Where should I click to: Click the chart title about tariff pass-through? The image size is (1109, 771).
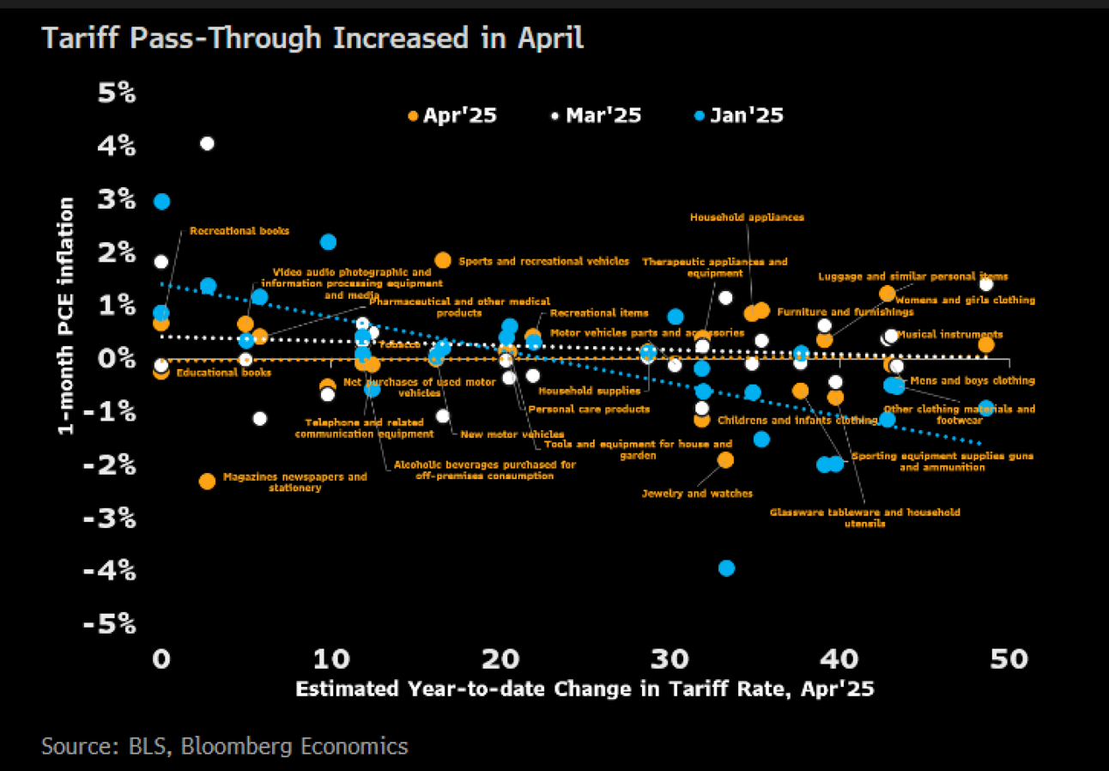point(312,39)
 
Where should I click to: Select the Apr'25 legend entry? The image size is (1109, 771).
point(451,115)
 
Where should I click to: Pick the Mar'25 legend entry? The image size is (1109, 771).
point(596,115)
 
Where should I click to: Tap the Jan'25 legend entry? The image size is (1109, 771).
point(738,115)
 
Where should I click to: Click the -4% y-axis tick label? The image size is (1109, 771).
point(110,570)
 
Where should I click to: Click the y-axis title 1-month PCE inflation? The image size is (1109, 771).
point(65,316)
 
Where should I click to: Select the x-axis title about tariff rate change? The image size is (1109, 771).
point(585,689)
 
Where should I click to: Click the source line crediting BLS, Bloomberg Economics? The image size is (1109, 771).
point(225,746)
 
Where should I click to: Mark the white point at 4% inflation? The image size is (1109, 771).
point(207,143)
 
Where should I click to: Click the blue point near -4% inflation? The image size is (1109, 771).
point(726,568)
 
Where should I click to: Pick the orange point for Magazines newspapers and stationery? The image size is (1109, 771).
point(207,481)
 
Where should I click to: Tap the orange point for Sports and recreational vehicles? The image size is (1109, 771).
point(443,260)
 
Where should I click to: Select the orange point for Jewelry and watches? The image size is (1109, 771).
point(725,459)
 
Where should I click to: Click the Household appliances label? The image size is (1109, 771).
point(747,217)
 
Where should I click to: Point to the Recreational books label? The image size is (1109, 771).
point(239,231)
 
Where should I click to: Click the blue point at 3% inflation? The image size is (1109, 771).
point(161,201)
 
